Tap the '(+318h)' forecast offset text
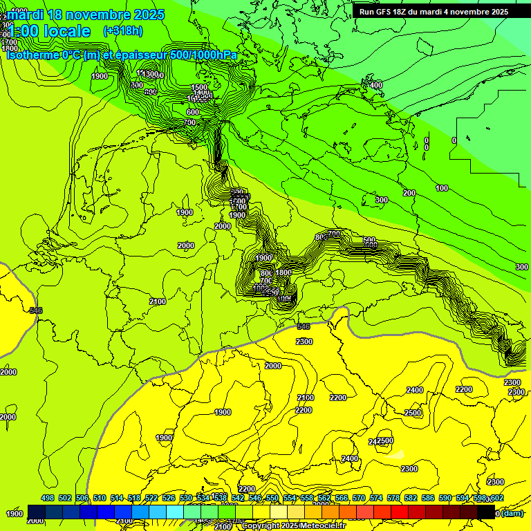(123, 31)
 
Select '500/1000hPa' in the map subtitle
(206, 55)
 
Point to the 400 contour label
(376, 85)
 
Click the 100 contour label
(442, 188)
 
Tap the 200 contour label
(409, 193)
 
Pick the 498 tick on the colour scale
(48, 498)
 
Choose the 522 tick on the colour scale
(151, 498)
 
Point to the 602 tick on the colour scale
(496, 498)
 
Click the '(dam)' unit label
(511, 513)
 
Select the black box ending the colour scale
(486, 512)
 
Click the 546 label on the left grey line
(36, 310)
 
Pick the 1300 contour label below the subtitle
(149, 74)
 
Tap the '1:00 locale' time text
(50, 31)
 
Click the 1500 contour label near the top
(199, 87)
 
